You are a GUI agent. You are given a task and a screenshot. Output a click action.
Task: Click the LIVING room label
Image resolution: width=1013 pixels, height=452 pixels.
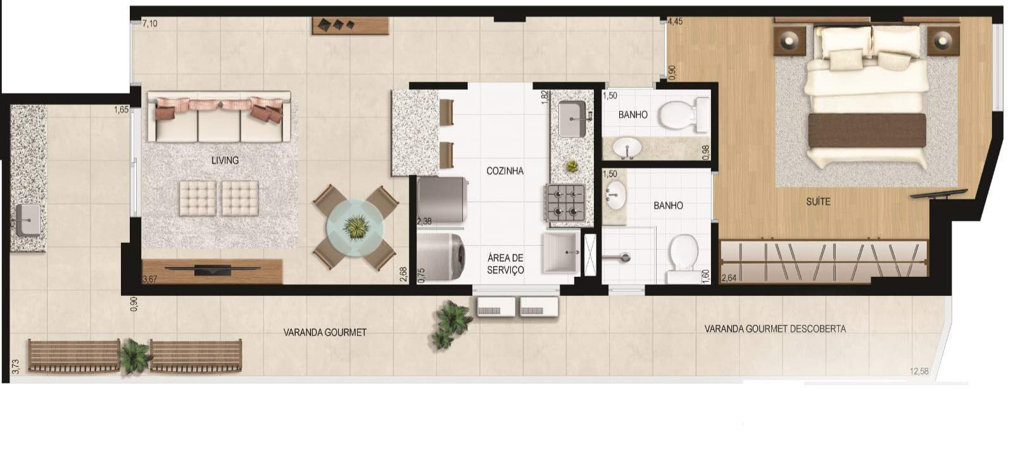[x=225, y=161]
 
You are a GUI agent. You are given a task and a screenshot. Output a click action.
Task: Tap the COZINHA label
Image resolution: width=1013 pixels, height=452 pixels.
[x=505, y=171]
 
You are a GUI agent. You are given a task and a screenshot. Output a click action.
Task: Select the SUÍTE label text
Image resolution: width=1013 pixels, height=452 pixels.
[x=818, y=202]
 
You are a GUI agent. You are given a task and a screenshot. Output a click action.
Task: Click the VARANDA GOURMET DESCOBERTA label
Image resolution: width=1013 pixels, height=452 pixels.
[x=775, y=329]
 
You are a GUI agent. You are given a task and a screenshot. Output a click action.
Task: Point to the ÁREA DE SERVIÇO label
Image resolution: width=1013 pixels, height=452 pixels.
[x=505, y=264]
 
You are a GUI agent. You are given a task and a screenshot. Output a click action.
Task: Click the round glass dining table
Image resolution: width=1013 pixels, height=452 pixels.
[x=355, y=227]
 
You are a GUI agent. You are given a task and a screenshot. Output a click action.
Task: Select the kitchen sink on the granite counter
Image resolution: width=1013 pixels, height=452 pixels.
[x=572, y=118]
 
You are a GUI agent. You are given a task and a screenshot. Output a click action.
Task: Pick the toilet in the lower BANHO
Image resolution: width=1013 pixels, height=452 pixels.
[x=683, y=257]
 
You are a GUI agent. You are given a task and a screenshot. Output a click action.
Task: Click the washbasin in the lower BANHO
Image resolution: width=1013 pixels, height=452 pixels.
[x=615, y=195]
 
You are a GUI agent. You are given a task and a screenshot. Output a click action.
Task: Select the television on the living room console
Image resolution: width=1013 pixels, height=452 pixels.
[x=213, y=269]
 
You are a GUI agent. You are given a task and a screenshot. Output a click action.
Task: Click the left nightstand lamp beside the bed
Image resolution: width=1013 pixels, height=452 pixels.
[x=789, y=40]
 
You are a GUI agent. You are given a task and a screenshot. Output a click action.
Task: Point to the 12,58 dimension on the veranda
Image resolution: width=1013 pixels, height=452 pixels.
[x=919, y=371]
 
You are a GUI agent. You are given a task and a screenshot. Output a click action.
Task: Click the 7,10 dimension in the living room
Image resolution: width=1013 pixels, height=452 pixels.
[x=149, y=23]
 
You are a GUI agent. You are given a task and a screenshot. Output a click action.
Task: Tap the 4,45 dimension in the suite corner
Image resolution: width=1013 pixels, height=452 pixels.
[x=675, y=21]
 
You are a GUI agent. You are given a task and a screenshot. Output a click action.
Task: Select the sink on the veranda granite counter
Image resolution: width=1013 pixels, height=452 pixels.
[x=28, y=220]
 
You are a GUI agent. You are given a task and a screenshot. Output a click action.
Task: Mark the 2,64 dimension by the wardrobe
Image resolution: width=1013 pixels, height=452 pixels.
[x=729, y=278]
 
